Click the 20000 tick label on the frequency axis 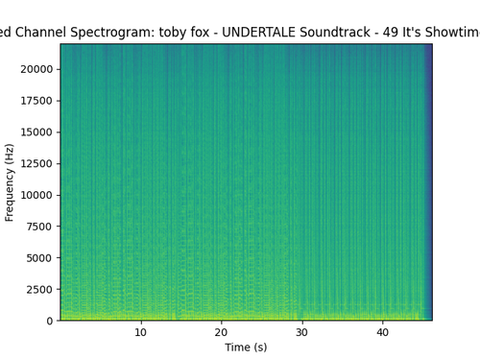(x=36, y=69)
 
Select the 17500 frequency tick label (x=36, y=101)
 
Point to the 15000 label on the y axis (x=36, y=132)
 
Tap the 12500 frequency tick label (x=36, y=163)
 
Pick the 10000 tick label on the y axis (x=36, y=195)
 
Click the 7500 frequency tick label (x=39, y=227)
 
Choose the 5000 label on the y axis (x=39, y=258)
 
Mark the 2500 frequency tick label (x=39, y=290)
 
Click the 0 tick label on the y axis (x=50, y=321)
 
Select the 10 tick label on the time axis (x=140, y=332)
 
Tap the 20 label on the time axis (x=221, y=332)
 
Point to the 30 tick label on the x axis (x=301, y=332)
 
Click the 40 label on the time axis (x=382, y=332)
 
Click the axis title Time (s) (x=246, y=348)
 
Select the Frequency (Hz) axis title (x=10, y=182)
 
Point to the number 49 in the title (x=390, y=32)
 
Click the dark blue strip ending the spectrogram (x=428, y=181)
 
